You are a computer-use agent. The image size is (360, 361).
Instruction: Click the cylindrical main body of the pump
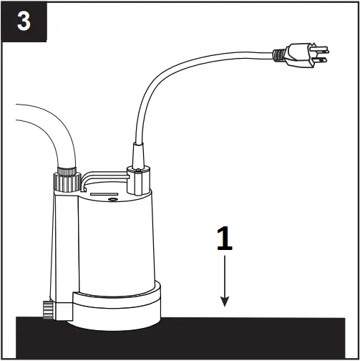click(x=115, y=244)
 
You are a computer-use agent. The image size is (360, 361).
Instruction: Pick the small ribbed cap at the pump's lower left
click(x=49, y=309)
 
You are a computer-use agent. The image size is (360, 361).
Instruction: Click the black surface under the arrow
click(x=236, y=337)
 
